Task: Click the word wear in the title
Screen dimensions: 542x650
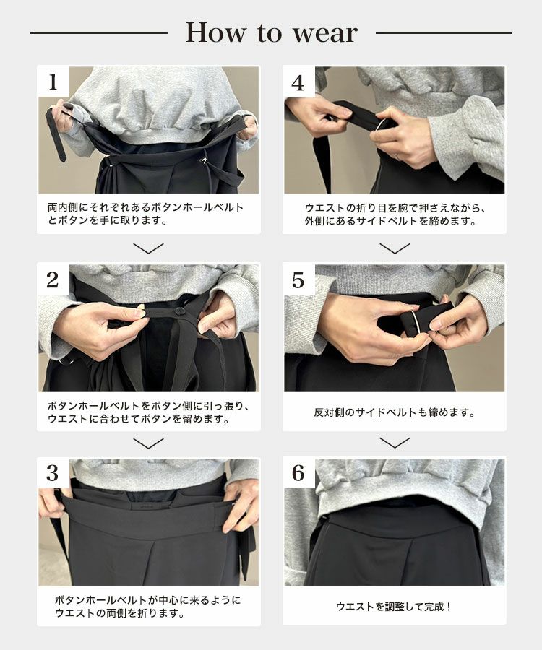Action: pos(325,33)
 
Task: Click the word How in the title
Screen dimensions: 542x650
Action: pos(215,32)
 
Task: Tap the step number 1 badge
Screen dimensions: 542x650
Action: pos(53,82)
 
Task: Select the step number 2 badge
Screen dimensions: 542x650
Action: pos(53,279)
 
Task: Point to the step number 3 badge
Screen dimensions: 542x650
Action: pos(53,473)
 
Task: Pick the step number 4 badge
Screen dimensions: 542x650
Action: pos(298,82)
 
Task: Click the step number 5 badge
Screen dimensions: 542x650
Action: pos(298,279)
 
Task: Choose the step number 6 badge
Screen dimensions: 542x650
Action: pos(298,473)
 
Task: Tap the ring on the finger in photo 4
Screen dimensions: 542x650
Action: pos(397,156)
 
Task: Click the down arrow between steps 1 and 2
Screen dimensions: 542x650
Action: pos(148,248)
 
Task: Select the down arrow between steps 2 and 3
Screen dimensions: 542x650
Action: pos(148,443)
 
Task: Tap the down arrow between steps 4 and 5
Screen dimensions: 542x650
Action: pos(395,248)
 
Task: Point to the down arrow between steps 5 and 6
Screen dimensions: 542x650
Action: pos(395,443)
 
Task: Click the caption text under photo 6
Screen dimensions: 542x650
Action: pos(394,607)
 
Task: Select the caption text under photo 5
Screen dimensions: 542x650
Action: pos(395,412)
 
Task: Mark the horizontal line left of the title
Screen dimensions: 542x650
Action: pos(99,33)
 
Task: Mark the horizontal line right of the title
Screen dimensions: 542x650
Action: pos(444,33)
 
